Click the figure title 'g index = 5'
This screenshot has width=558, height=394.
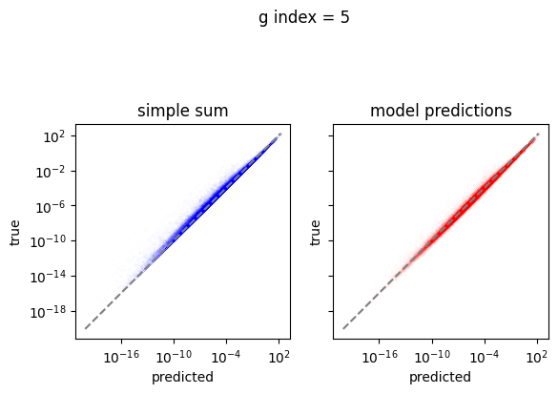click(304, 18)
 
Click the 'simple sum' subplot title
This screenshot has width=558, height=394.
click(182, 111)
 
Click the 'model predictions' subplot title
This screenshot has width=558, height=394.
click(441, 111)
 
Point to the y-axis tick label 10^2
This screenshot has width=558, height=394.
click(54, 136)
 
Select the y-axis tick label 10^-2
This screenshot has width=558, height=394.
click(51, 172)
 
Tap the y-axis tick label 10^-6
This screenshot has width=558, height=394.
click(51, 206)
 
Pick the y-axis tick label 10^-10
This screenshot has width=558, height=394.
click(48, 241)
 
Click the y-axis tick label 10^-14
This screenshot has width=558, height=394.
click(48, 277)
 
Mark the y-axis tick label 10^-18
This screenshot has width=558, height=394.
click(48, 312)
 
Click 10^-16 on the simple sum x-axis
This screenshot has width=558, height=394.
click(121, 356)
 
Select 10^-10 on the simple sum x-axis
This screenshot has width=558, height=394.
click(174, 356)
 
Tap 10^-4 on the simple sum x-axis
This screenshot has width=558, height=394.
click(226, 356)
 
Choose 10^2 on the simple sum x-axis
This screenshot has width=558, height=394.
click(279, 356)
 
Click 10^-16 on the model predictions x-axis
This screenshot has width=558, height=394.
click(380, 356)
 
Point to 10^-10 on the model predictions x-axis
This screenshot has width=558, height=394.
click(432, 356)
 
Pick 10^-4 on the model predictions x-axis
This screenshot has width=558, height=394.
click(485, 356)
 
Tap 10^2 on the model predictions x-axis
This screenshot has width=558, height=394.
click(537, 356)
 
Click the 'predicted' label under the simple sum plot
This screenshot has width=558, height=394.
click(182, 377)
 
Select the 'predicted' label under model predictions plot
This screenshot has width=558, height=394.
click(441, 377)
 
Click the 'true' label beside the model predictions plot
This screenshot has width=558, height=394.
click(315, 233)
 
